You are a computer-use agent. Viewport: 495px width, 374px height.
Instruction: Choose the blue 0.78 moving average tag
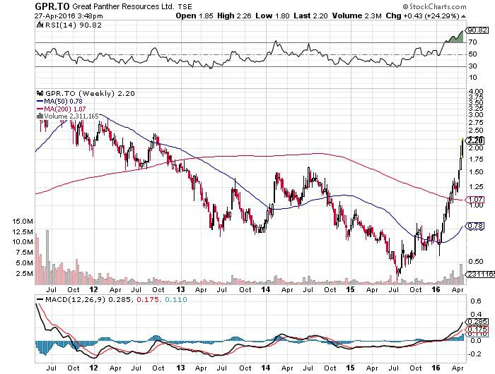[x=476, y=226]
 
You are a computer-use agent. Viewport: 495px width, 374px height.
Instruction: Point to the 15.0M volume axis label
[x=21, y=222]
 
